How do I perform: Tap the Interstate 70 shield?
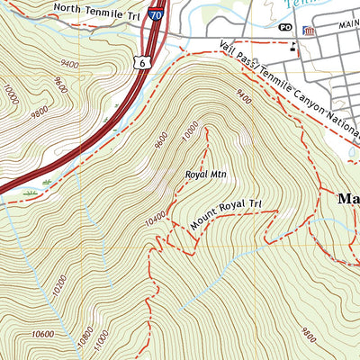click(x=157, y=14)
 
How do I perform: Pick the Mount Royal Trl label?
click(x=229, y=217)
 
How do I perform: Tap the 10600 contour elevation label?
click(x=42, y=335)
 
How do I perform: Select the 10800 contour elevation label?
click(x=85, y=337)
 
